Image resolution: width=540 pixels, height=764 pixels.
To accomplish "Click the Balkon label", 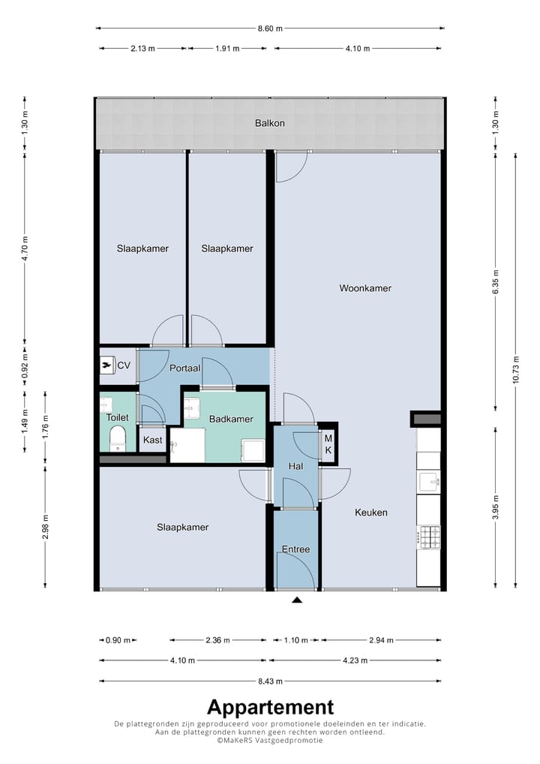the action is [x=270, y=123].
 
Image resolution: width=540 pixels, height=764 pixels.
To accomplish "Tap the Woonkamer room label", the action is [x=365, y=288].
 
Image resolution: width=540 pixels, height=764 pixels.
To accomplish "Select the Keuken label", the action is [x=371, y=512].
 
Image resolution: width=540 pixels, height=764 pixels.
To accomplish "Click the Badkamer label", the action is [x=231, y=419].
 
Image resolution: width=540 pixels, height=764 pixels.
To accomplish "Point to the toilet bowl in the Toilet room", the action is [x=117, y=438].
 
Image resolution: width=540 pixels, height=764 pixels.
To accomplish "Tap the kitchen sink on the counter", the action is [x=430, y=481].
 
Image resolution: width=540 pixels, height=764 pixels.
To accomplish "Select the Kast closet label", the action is [x=152, y=440].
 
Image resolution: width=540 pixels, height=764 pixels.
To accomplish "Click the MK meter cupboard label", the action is [x=328, y=444].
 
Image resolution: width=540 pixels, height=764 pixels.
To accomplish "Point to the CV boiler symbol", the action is [x=106, y=364].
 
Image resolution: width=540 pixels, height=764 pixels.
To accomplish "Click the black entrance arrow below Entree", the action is [x=296, y=600].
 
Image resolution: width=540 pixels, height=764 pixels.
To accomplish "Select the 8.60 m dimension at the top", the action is [x=270, y=29].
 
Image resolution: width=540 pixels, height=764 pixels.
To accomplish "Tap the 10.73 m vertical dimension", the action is [x=516, y=370].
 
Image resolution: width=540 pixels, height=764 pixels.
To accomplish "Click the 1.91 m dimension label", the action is [x=227, y=48].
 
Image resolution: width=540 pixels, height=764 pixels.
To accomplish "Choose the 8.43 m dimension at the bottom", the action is [x=270, y=681].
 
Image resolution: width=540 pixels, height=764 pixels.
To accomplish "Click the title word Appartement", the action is [x=271, y=708].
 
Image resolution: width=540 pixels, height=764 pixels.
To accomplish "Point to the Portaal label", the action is [x=184, y=368].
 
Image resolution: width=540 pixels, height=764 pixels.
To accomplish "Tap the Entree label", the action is [x=295, y=549].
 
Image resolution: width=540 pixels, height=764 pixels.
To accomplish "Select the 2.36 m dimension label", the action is [x=217, y=639].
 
